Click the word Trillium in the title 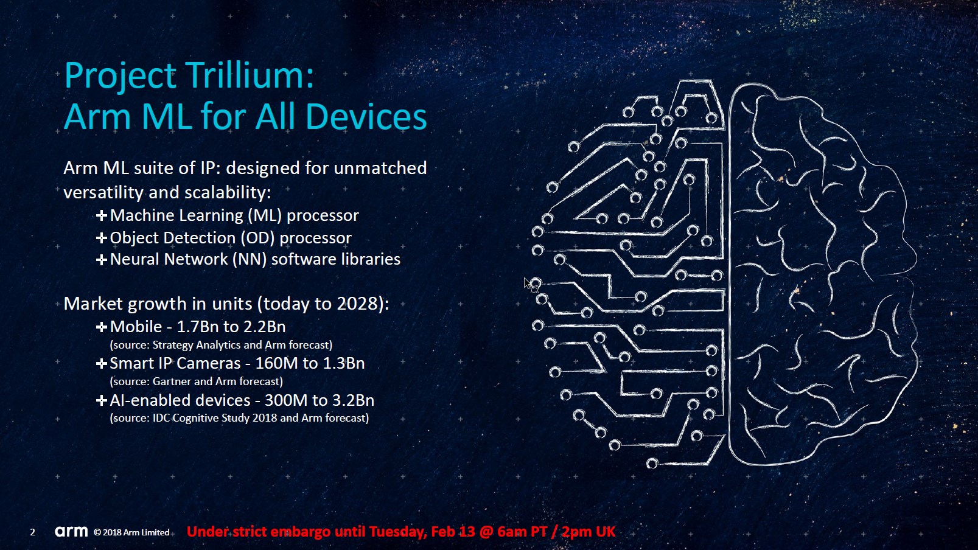(x=249, y=75)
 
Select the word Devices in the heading (x=366, y=117)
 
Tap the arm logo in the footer (x=71, y=531)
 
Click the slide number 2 (x=32, y=532)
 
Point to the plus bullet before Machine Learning (x=101, y=215)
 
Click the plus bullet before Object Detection (x=101, y=238)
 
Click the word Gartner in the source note (x=172, y=381)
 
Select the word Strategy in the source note (x=172, y=345)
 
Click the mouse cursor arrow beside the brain (x=528, y=284)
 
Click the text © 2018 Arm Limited (x=131, y=532)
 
